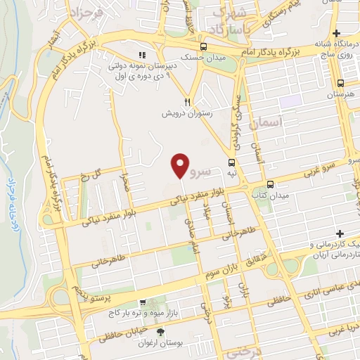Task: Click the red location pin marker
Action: (181, 165)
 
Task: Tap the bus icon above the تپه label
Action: (231, 162)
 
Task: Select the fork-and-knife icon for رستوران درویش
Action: (187, 101)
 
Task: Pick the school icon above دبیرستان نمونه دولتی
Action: (141, 54)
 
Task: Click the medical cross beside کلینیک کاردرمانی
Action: (340, 233)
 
